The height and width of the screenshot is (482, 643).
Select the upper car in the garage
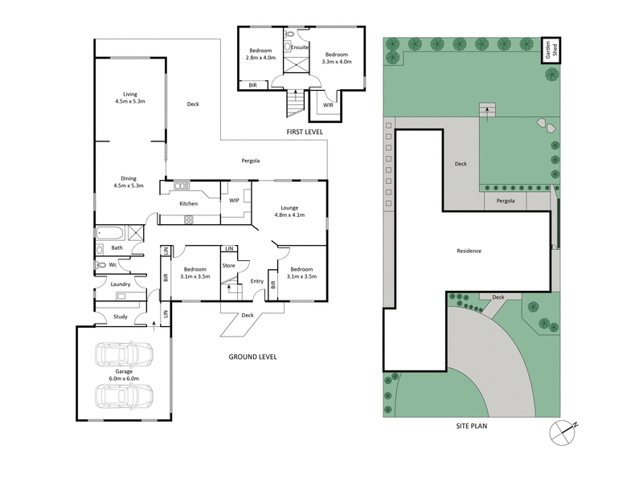124,355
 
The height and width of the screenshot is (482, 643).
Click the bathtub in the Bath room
109,235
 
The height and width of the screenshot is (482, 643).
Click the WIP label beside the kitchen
235,200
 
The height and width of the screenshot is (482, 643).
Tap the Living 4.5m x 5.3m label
129,98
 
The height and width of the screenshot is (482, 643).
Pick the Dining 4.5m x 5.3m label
129,182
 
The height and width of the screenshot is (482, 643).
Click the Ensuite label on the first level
301,47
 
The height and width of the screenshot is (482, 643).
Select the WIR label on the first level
328,104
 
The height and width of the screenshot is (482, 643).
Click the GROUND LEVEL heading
252,356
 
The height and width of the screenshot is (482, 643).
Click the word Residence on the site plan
469,251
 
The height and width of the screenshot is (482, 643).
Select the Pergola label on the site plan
505,200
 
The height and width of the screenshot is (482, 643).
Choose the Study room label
120,317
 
